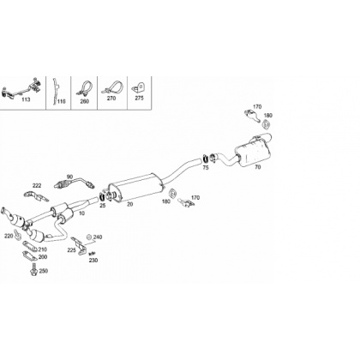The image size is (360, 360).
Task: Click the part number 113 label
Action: (x=26, y=99)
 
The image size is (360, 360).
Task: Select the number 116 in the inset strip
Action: (x=62, y=101)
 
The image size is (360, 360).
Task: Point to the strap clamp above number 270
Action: (x=111, y=88)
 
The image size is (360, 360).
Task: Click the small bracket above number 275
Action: (x=138, y=87)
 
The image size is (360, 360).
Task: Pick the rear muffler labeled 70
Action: (x=253, y=151)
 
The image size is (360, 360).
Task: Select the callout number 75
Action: (x=206, y=168)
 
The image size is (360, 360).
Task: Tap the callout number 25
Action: (x=103, y=205)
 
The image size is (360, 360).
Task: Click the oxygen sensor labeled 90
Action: (x=74, y=183)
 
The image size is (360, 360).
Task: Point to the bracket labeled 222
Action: (x=36, y=196)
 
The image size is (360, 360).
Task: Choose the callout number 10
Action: (x=82, y=213)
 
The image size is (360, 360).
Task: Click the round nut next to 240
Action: (x=89, y=237)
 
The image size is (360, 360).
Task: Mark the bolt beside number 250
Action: (x=33, y=270)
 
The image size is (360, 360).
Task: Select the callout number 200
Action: (x=43, y=257)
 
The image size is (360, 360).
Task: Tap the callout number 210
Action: (x=42, y=249)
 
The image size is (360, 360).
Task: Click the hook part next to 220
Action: (x=18, y=234)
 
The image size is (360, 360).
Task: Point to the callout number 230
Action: (x=93, y=261)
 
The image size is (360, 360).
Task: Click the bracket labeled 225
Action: (x=78, y=245)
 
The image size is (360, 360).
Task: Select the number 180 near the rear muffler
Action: (x=268, y=116)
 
